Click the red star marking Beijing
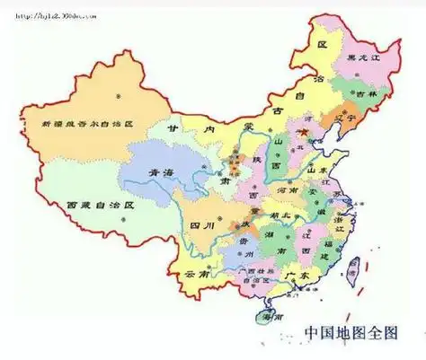pyautogui.click(x=304, y=132)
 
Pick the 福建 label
pyautogui.click(x=330, y=243)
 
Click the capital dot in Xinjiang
pyautogui.click(x=114, y=93)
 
